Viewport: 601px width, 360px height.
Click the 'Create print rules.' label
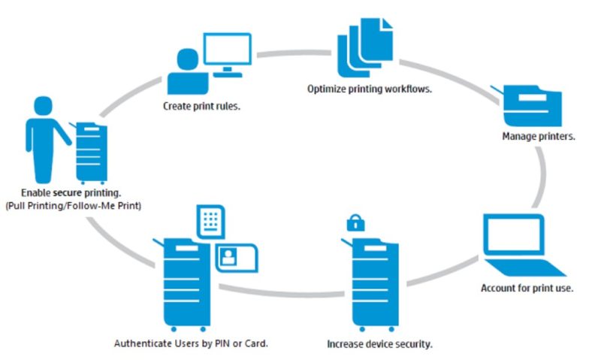202,106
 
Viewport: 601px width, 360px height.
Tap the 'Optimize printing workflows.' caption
369,89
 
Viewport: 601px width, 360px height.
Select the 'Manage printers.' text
539,137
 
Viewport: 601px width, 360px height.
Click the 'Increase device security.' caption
380,344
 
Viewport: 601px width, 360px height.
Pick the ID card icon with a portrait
236,257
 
